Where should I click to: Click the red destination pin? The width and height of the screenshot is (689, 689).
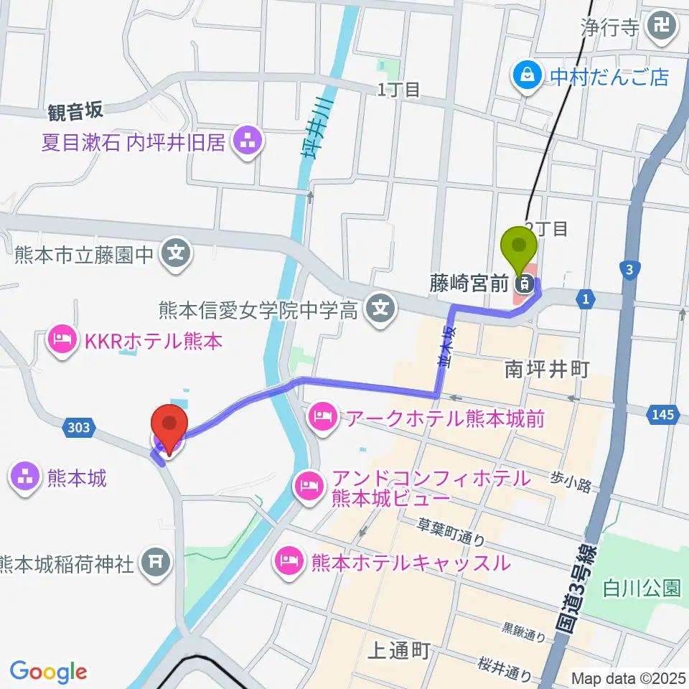tap(169, 428)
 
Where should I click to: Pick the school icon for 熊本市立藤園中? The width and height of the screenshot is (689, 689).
tap(174, 253)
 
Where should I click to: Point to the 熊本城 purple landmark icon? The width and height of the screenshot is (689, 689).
tap(25, 477)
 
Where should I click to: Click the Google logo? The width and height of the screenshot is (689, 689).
tap(48, 672)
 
